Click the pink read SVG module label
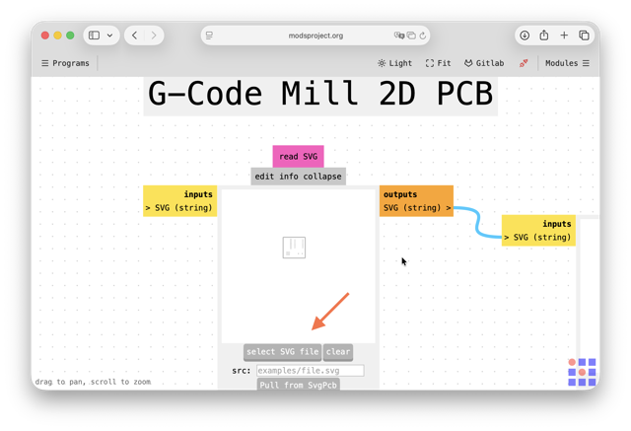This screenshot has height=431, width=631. tap(298, 156)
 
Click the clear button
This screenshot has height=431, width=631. tap(338, 352)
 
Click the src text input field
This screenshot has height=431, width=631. tap(311, 370)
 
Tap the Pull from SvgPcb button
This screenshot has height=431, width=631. tap(298, 385)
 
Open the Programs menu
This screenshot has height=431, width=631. tap(65, 63)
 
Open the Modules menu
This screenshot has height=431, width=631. tap(567, 63)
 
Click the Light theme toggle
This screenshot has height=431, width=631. tap(394, 63)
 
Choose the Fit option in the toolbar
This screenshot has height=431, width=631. tap(438, 63)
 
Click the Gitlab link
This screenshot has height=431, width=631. tap(484, 63)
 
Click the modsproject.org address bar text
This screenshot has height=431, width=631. tap(315, 36)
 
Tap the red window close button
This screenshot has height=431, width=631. tap(45, 36)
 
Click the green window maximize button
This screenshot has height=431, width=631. tap(70, 36)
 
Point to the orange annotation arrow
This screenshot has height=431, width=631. tap(330, 312)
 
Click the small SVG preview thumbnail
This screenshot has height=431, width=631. tap(294, 248)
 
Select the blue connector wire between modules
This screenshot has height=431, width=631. tap(477, 222)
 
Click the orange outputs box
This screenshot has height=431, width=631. tap(416, 201)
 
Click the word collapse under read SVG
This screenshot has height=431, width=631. tap(322, 177)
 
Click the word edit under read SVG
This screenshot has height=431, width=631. tap(264, 177)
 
